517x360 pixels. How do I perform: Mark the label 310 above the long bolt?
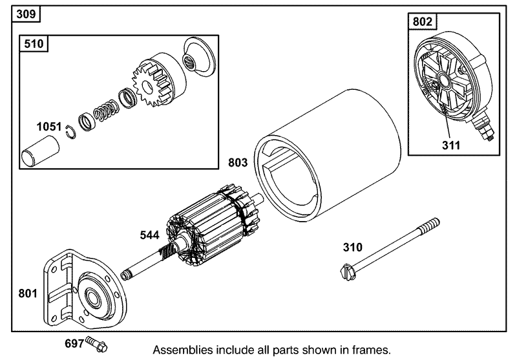tap(353, 246)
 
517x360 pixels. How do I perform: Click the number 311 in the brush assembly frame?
tap(451, 145)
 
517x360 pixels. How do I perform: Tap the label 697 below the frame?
tap(72, 343)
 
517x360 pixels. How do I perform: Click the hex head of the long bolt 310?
tap(346, 271)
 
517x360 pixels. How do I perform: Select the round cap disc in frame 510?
tap(198, 58)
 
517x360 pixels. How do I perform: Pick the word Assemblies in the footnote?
tap(181, 350)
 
